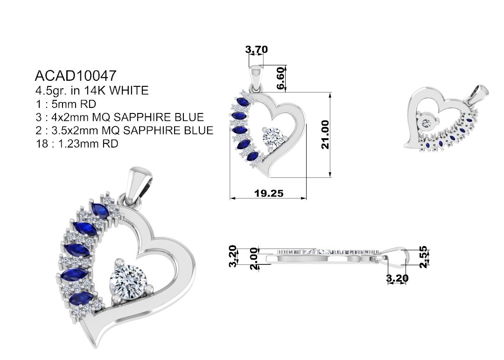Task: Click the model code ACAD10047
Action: pos(75,76)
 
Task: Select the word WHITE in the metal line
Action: pos(129,91)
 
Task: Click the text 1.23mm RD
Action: pos(88,143)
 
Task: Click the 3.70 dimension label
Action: pos(257,49)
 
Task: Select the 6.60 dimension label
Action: pos(280,78)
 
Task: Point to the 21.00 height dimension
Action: pos(325,134)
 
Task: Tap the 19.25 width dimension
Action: pos(269,193)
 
